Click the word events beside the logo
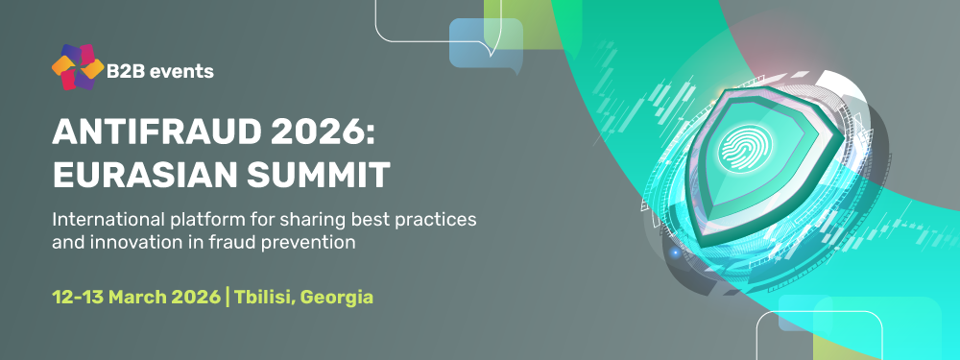tap(182, 70)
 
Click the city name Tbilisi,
tap(264, 297)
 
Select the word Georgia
tap(337, 297)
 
